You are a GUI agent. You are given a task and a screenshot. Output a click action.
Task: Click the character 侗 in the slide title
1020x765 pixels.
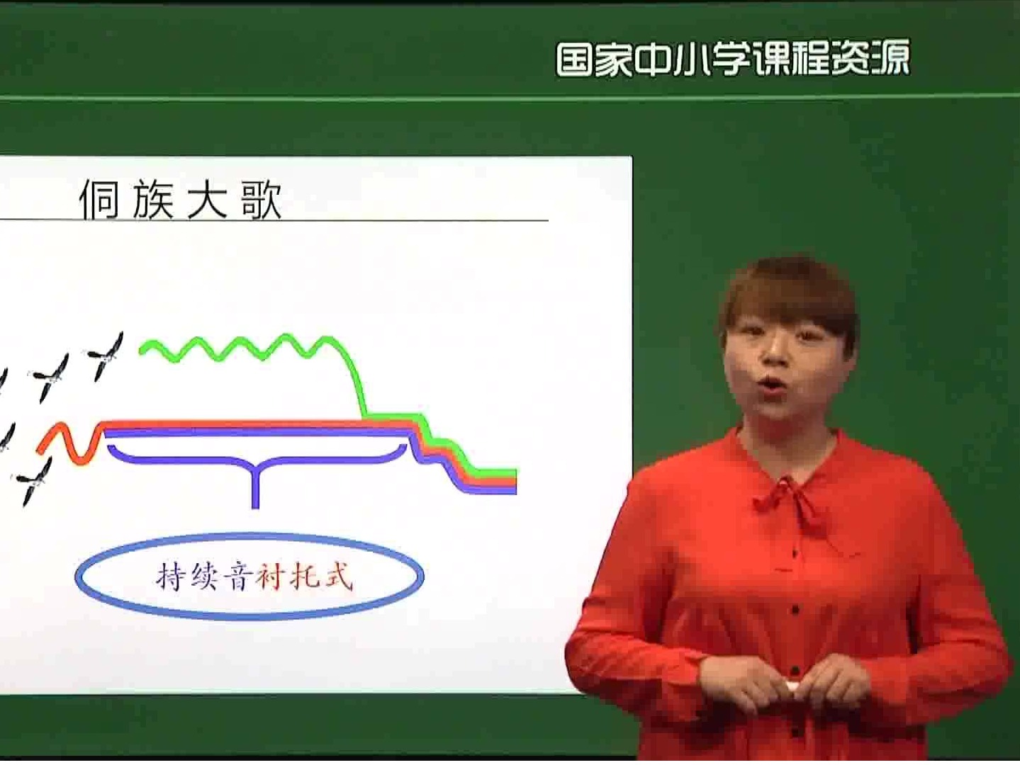point(99,200)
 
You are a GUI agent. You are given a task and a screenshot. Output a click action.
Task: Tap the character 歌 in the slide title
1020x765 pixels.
point(262,200)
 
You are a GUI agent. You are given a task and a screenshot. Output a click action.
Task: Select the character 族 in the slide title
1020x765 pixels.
point(153,200)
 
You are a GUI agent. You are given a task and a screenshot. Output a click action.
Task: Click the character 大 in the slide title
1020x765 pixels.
point(207,200)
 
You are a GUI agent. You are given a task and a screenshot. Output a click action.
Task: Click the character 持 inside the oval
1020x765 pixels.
point(168,577)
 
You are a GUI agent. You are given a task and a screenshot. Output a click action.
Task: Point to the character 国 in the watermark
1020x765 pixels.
point(574,59)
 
